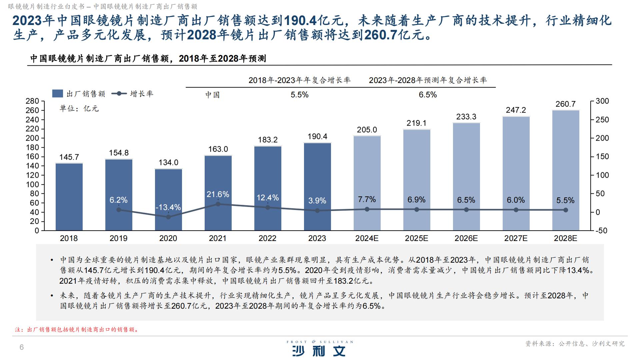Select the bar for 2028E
coord(566,170)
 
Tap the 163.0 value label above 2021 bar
coord(218,149)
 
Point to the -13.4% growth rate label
coord(168,207)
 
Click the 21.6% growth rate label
coord(218,194)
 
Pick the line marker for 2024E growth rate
coord(367,209)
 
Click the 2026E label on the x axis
coord(466,238)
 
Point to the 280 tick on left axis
coord(32,101)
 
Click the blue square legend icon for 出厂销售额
coord(58,94)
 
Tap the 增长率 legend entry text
coord(142,94)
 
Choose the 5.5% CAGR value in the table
coord(299,95)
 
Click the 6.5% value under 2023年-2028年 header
coord(428,95)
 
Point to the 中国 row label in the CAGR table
coord(212,95)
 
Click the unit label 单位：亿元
coord(79,109)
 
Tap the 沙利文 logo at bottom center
coord(319,350)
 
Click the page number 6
coord(22,347)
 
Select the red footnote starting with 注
coord(77,330)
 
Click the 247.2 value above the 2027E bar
coord(516,110)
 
